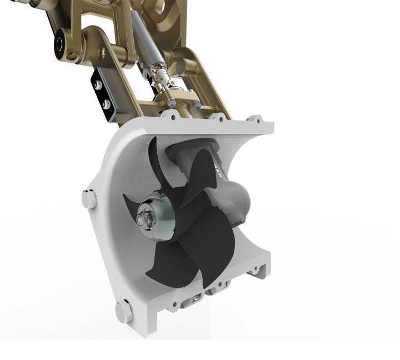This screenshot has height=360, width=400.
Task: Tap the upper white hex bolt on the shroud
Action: coord(89,199)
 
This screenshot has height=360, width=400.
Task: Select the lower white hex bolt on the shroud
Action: coord(123,311)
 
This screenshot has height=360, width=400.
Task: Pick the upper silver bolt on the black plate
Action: coord(98,85)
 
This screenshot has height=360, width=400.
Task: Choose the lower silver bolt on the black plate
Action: coord(106,104)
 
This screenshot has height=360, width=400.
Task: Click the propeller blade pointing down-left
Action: coord(169,261)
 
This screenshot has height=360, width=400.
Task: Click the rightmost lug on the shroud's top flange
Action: coord(256,119)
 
